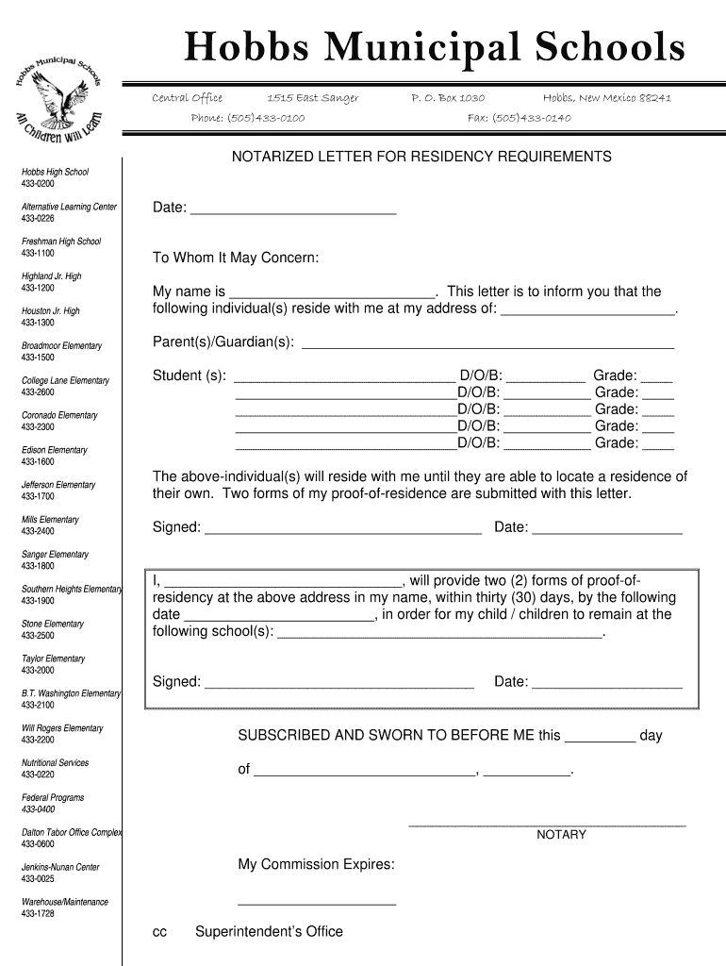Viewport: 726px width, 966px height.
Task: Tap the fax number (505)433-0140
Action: point(519,118)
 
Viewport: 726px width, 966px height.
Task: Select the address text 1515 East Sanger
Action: point(312,97)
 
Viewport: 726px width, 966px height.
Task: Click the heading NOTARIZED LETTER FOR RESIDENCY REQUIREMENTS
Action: point(421,157)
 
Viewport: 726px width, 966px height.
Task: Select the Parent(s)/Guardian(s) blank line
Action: point(487,343)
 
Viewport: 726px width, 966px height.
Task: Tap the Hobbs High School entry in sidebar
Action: point(55,172)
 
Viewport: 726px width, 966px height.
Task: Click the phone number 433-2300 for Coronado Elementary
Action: point(38,426)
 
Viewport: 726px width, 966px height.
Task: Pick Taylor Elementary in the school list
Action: point(53,658)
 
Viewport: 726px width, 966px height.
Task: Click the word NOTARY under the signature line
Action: point(561,835)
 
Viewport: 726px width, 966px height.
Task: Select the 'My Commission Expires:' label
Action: point(316,865)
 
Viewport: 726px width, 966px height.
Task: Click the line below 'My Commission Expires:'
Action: point(317,903)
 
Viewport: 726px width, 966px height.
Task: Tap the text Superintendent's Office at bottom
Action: point(269,932)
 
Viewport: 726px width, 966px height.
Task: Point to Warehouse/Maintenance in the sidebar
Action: point(65,902)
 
